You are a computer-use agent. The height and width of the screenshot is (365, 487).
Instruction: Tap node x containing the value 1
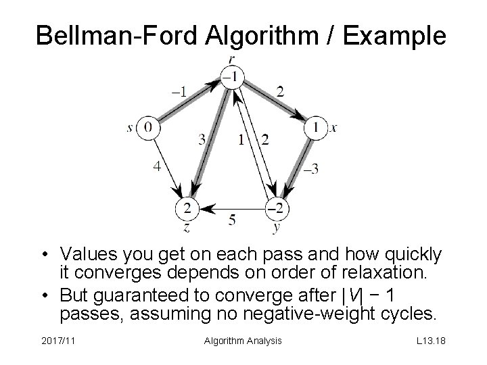315,127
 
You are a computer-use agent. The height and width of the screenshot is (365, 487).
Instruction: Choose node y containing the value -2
277,207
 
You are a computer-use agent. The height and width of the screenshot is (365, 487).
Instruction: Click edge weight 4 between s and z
156,166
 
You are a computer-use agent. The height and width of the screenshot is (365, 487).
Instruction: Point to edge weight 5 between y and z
232,219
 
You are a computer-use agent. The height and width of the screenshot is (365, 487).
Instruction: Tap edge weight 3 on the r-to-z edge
202,140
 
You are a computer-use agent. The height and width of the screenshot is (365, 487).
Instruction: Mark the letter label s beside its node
130,128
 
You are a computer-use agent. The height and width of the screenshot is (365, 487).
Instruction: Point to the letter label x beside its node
333,128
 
